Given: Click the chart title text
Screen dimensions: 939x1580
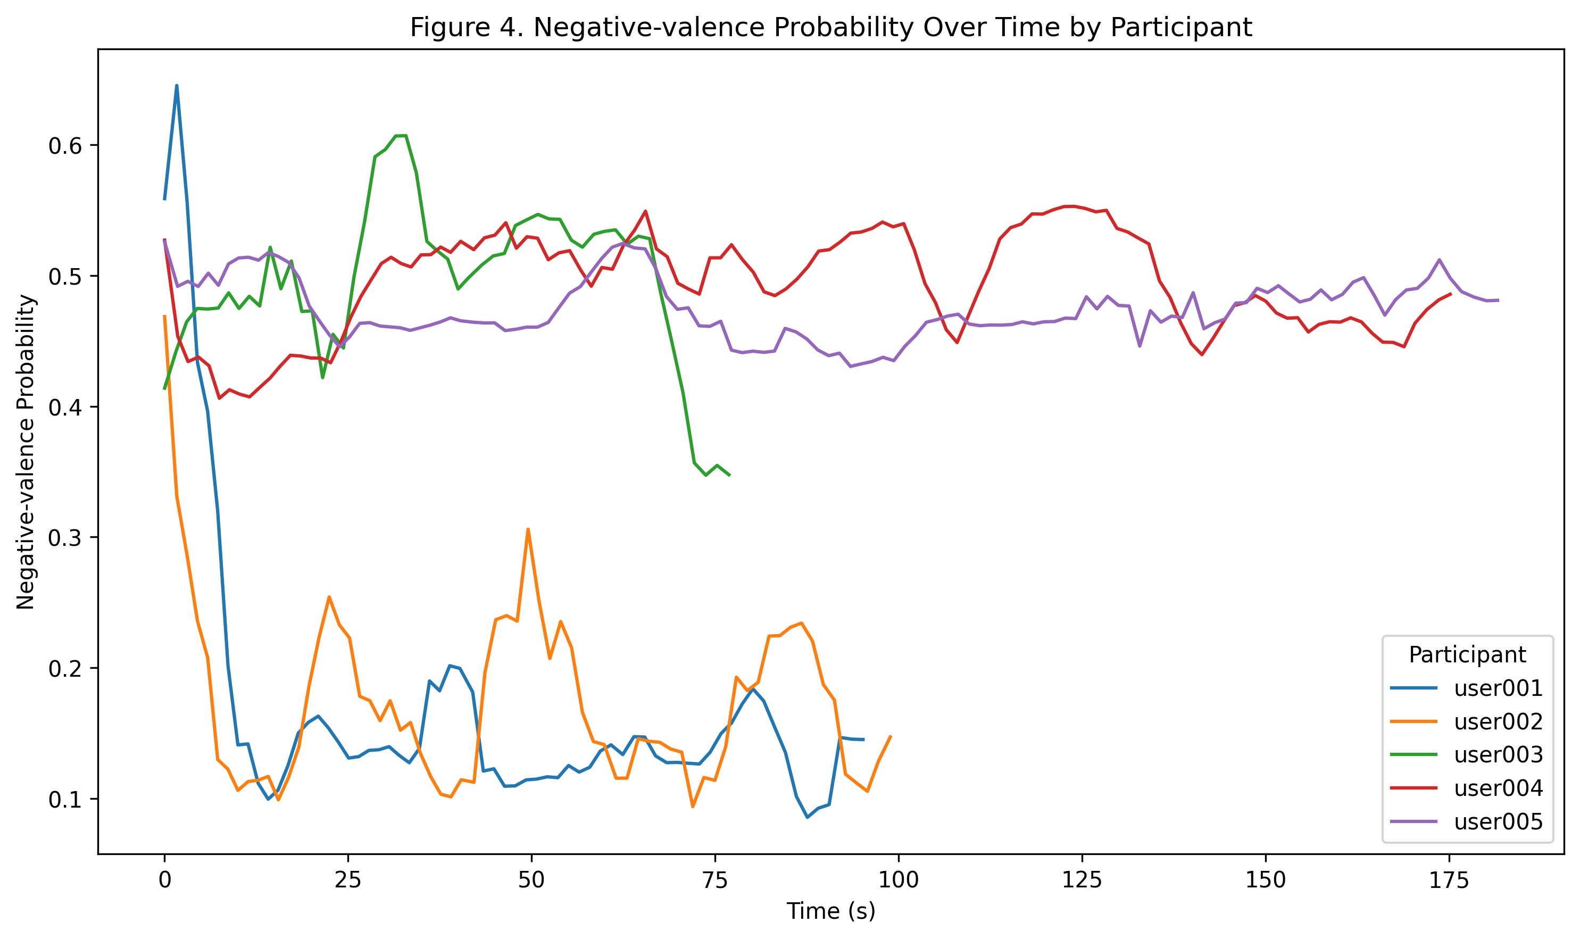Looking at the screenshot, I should (x=831, y=28).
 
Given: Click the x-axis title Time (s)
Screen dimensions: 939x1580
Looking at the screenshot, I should (x=831, y=911).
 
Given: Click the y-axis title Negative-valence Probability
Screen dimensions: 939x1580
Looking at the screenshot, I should (x=26, y=452).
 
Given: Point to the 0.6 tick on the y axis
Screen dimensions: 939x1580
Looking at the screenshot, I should (x=65, y=146).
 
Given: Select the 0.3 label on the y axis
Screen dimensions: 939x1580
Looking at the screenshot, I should (x=65, y=538).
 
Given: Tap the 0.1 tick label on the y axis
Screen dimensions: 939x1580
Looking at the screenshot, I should (x=65, y=800).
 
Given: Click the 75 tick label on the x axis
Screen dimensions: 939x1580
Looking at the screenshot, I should (x=715, y=880).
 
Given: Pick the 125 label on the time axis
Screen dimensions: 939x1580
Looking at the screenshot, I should (x=1082, y=880).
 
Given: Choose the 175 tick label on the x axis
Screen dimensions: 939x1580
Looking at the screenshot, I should (x=1449, y=880).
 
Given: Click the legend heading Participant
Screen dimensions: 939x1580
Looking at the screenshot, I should (x=1467, y=655).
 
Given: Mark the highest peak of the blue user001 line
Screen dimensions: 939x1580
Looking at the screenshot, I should (x=177, y=86).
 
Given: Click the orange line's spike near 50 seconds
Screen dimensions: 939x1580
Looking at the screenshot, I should (x=528, y=529).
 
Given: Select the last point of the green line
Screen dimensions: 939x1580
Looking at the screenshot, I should (x=729, y=475).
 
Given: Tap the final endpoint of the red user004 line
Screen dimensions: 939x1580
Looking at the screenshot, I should (x=1450, y=294).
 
